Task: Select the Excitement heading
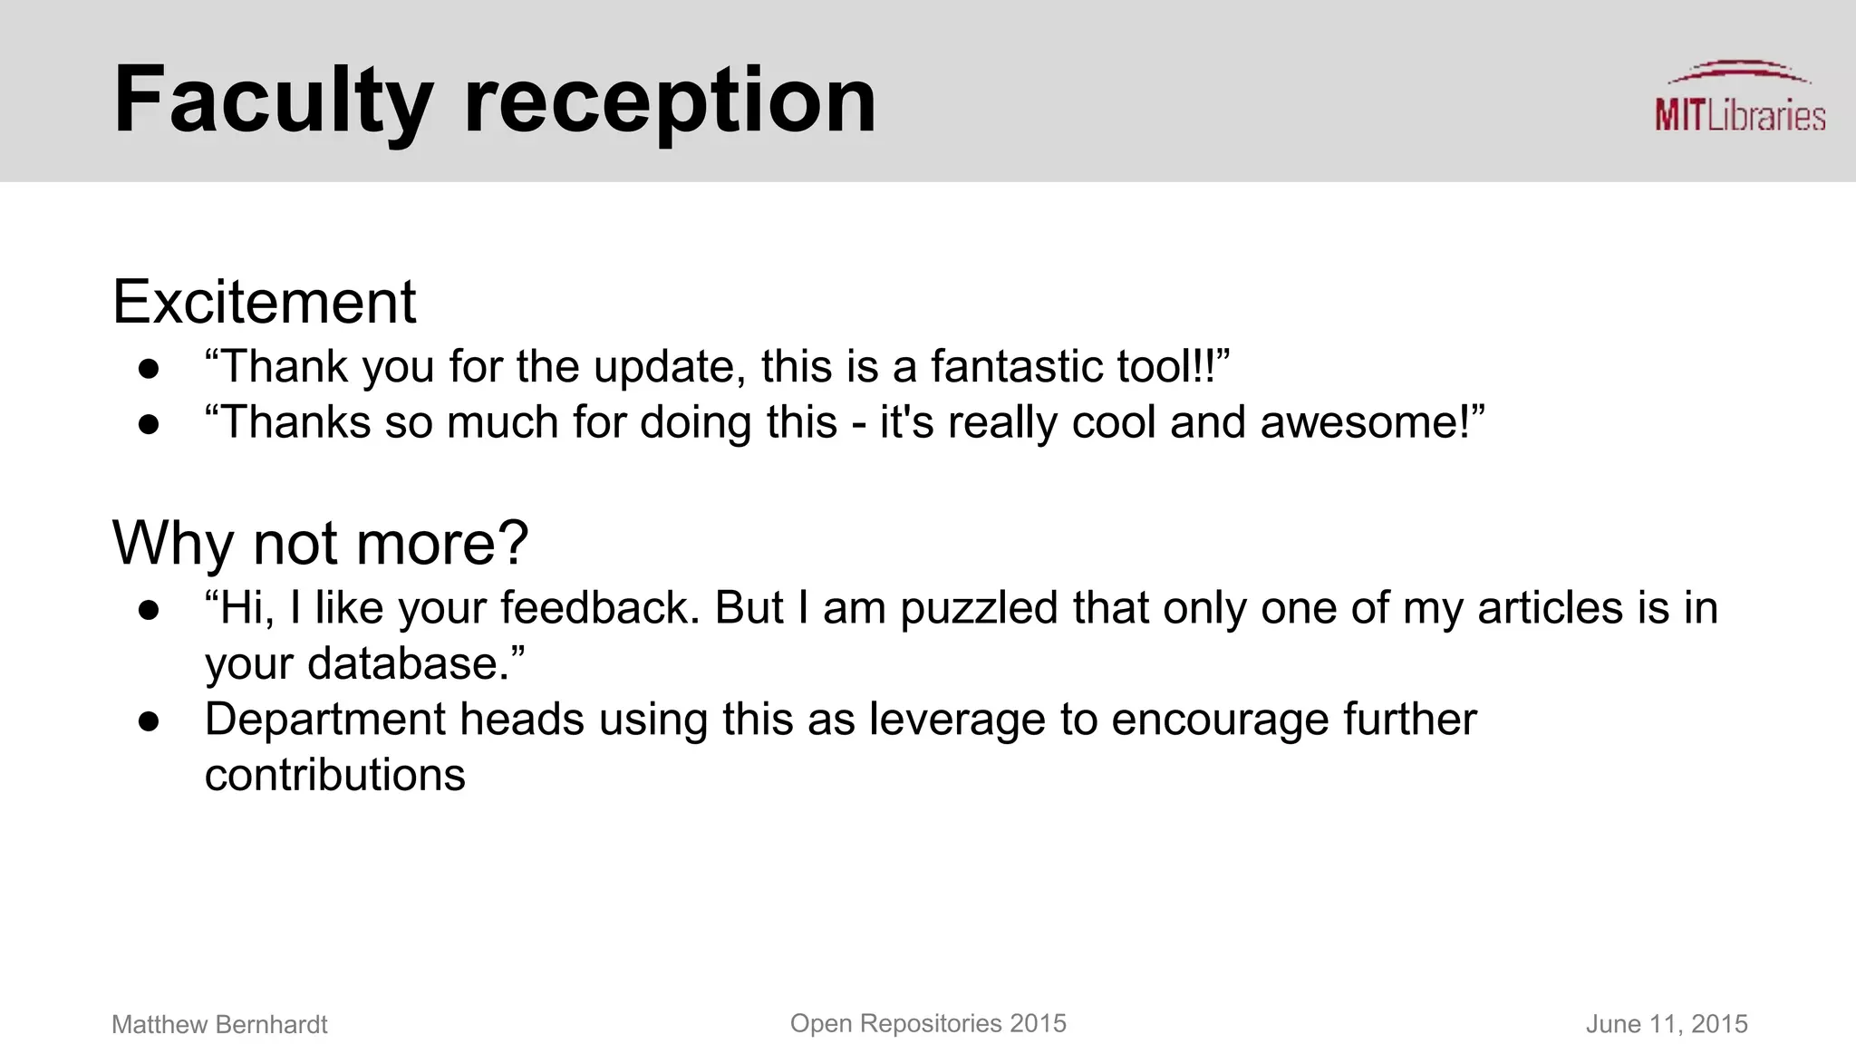[x=264, y=302]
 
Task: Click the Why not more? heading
[x=320, y=544]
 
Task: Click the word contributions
[x=334, y=776]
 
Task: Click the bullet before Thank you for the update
[x=150, y=369]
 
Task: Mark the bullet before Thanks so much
[x=150, y=425]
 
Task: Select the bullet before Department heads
[x=150, y=721]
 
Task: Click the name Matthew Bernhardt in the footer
[x=219, y=1025]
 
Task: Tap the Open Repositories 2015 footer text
[x=928, y=1024]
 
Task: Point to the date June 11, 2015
[x=1666, y=1025]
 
